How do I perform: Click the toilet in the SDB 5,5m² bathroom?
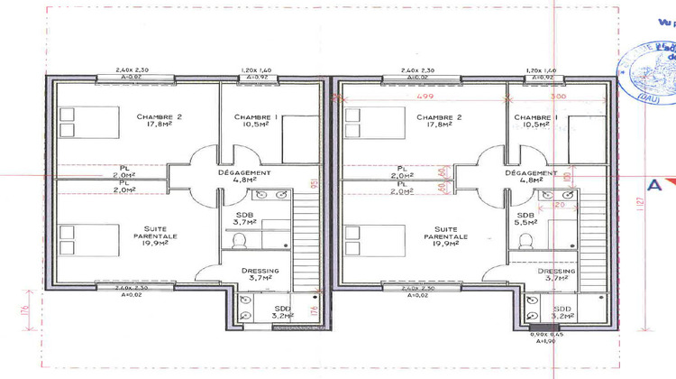524,240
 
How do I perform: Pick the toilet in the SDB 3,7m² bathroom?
239,240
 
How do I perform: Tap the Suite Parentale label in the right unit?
444,236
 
